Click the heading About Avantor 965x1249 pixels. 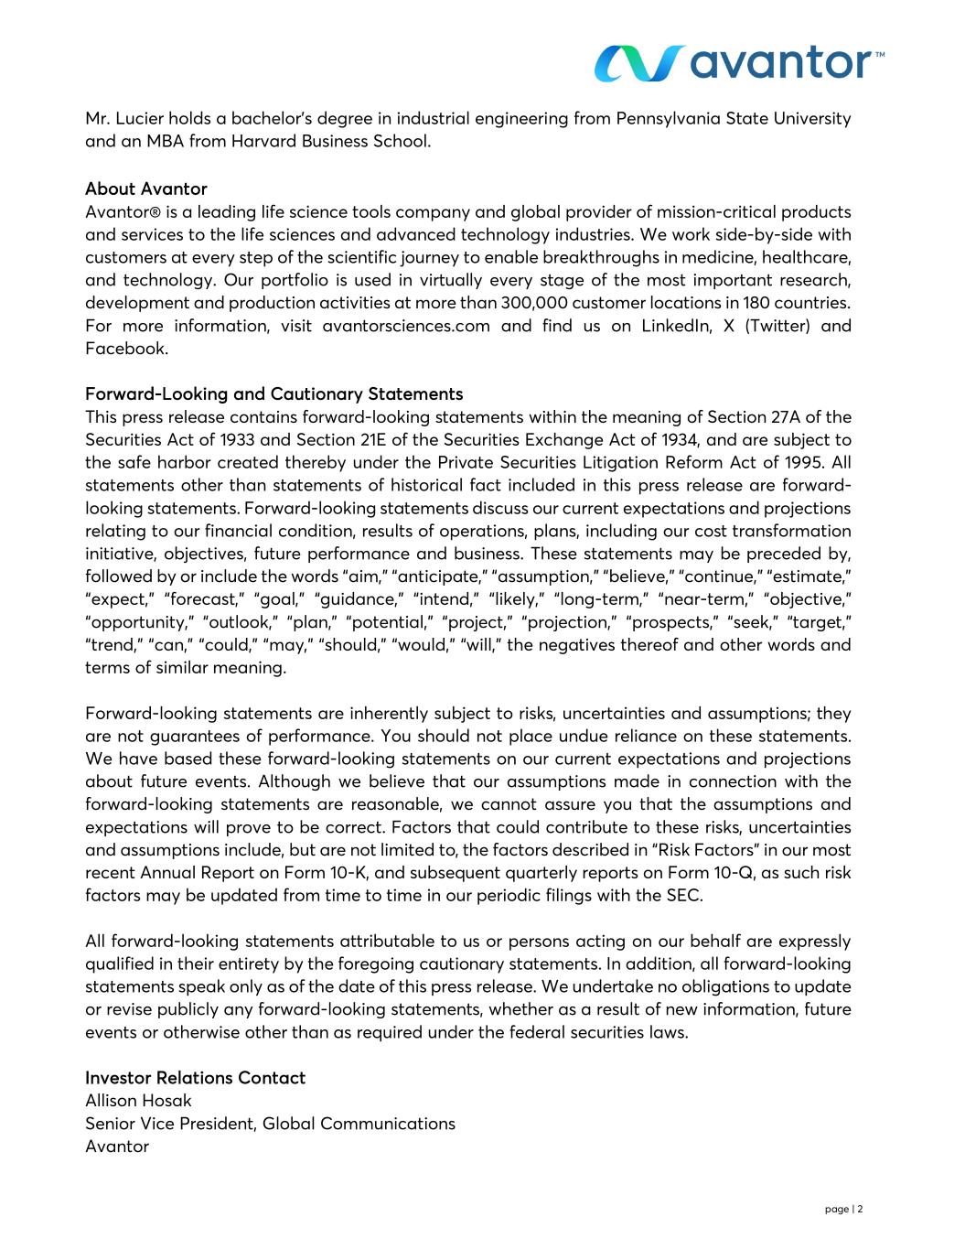click(x=145, y=188)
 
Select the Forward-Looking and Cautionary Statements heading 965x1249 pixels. click(x=273, y=393)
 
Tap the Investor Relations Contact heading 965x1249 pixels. click(x=195, y=1077)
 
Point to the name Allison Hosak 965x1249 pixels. click(x=138, y=1100)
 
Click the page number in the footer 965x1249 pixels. click(x=843, y=1209)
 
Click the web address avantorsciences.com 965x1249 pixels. click(x=406, y=326)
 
